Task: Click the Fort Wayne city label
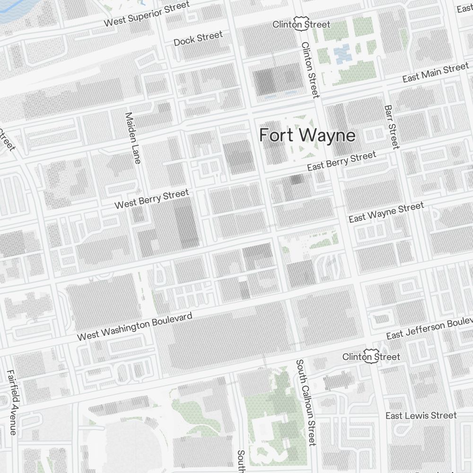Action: click(x=307, y=136)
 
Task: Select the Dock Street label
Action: click(x=198, y=38)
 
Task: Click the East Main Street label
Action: click(x=435, y=73)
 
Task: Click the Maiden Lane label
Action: click(x=132, y=138)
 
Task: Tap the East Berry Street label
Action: click(x=342, y=161)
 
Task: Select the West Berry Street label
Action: click(x=152, y=199)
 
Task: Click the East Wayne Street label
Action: click(x=386, y=212)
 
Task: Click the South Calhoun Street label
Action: click(x=306, y=402)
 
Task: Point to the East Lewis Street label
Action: click(x=421, y=415)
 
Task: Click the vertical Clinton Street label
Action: click(x=310, y=70)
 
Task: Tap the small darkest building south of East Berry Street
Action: click(x=297, y=179)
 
